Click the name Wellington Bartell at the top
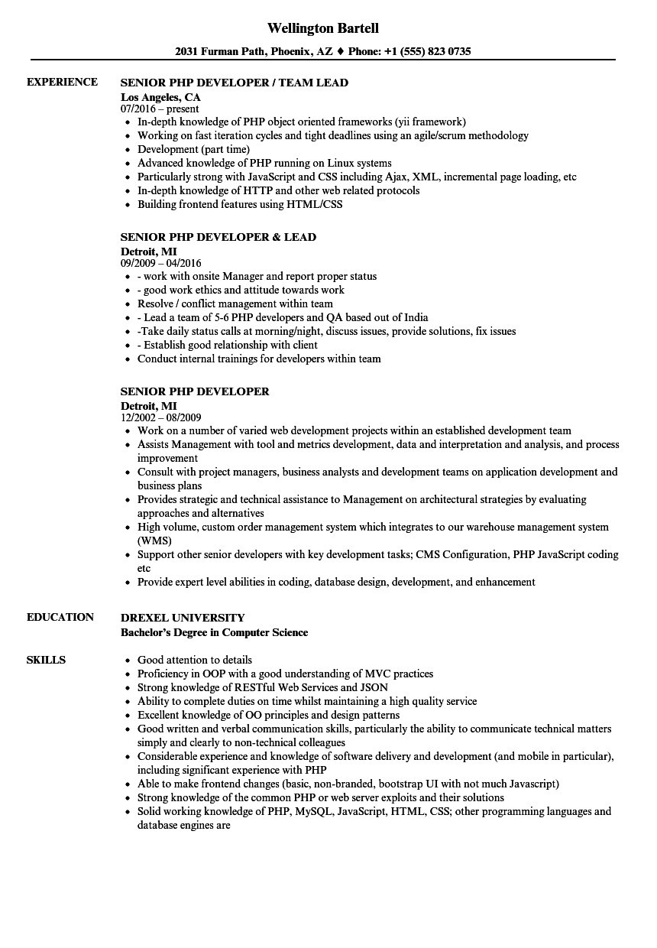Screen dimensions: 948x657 pos(323,28)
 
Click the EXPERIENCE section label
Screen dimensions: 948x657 pos(62,82)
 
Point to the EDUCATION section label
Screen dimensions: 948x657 pos(60,617)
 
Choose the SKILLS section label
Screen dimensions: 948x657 pos(46,660)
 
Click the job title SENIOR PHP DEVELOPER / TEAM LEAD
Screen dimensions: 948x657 pos(235,83)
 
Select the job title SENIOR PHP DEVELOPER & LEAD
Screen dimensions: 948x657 pos(218,237)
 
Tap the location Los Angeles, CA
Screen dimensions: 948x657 pos(160,97)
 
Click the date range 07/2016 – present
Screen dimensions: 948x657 pos(160,109)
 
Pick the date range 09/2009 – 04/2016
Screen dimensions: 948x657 pos(161,264)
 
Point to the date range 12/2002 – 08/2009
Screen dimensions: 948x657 pos(161,418)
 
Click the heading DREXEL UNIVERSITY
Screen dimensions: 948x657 pos(183,618)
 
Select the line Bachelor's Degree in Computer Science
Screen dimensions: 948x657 pos(215,632)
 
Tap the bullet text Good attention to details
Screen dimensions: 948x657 pos(194,660)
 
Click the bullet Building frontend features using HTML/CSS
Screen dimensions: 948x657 pos(240,204)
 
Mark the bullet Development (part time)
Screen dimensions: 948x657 pos(193,149)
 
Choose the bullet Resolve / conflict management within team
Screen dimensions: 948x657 pos(235,304)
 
